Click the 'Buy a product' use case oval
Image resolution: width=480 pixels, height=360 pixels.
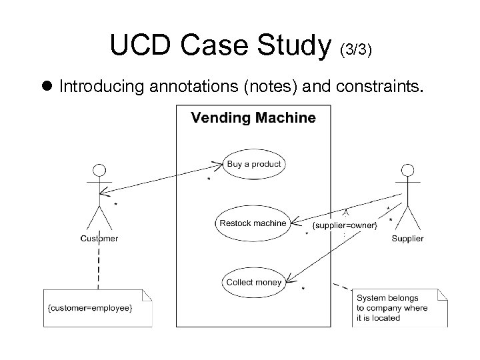click(254, 164)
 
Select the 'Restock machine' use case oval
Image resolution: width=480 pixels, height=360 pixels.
click(253, 223)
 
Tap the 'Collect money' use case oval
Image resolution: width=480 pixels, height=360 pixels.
click(253, 282)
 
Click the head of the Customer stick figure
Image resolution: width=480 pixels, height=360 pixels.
click(99, 169)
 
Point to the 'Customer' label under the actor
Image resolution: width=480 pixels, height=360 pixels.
click(99, 238)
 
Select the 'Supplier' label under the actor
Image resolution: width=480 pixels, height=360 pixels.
click(407, 238)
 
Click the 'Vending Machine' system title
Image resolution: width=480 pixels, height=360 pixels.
click(253, 119)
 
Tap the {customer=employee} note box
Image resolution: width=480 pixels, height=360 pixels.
click(98, 307)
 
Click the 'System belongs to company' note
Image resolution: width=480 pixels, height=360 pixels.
click(400, 307)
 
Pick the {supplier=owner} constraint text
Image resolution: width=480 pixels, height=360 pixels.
click(345, 225)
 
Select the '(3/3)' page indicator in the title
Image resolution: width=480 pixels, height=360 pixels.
click(357, 49)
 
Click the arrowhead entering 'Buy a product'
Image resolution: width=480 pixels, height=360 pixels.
click(218, 163)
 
